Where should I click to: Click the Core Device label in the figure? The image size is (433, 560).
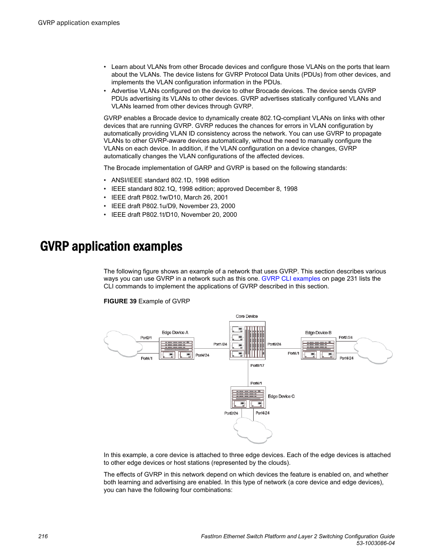tap(246, 317)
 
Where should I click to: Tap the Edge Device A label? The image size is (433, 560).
tap(175, 332)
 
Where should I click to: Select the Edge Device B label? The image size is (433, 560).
tap(318, 333)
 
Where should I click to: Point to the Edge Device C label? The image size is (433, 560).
tap(281, 396)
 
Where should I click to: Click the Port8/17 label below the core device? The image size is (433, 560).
tap(257, 365)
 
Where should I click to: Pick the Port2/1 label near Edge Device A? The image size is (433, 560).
tap(146, 338)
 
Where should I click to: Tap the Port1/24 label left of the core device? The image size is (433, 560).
tap(220, 344)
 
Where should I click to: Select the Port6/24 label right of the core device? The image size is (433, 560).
tap(274, 344)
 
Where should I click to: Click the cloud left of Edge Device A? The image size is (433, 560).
tap(121, 344)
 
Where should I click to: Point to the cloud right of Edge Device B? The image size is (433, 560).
tap(373, 351)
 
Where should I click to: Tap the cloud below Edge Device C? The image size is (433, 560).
tap(252, 430)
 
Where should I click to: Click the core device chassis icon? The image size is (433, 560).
tap(247, 341)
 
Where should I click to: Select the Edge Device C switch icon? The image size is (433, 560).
tap(248, 398)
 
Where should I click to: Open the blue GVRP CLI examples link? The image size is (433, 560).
tap(290, 279)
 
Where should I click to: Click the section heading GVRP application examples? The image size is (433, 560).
tap(111, 247)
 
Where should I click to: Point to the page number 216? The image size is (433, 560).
tap(43, 536)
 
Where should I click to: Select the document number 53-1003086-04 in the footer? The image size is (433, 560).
tap(375, 543)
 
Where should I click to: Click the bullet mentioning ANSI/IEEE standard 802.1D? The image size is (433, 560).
tap(170, 180)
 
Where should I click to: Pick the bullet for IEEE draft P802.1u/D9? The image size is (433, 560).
tap(173, 206)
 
